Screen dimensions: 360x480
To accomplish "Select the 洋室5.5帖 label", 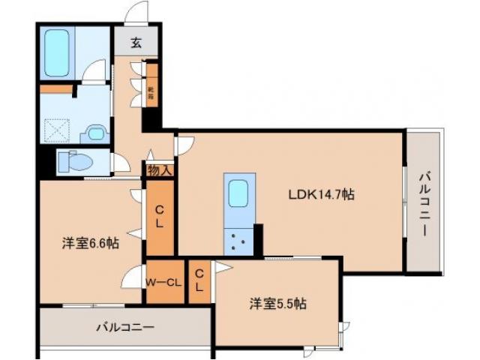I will tap(277, 304).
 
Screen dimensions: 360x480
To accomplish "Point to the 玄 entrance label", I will tap(136, 43).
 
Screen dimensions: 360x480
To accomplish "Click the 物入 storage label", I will tap(160, 169).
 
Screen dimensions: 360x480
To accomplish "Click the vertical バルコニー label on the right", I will tap(424, 202).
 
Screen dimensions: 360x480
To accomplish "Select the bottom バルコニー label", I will tap(124, 328).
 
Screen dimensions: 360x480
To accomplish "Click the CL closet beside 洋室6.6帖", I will tap(160, 217).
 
